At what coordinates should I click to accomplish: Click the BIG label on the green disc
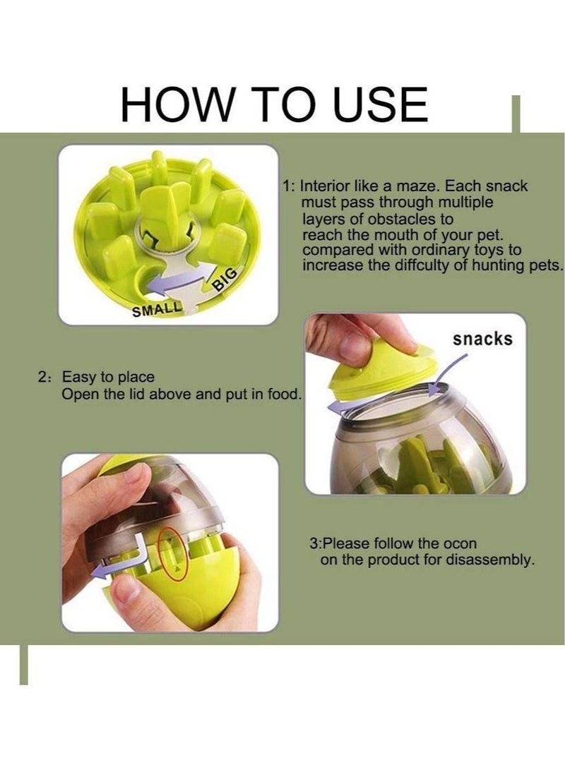225,278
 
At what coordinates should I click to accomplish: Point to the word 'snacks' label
482,339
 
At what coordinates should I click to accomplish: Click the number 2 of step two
42,377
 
